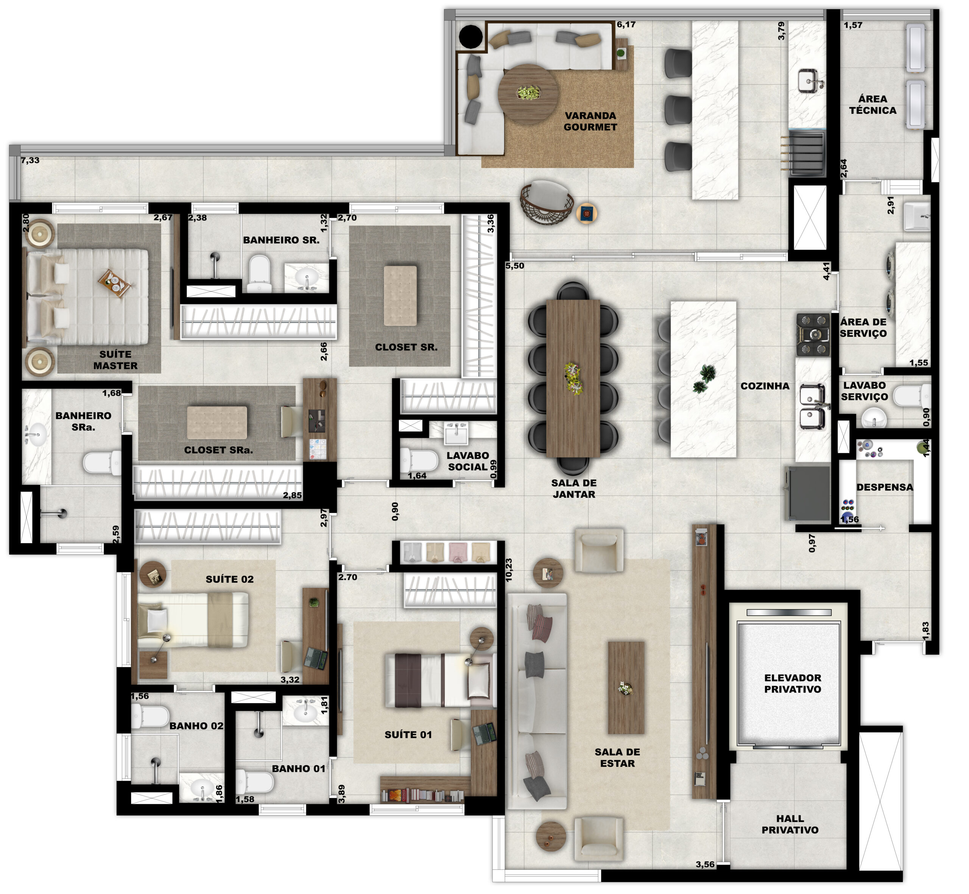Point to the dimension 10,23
pos(508,570)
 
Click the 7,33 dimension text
pos(30,160)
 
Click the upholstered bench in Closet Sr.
pos(400,296)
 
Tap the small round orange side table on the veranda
pos(586,213)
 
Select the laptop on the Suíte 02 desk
pos(315,659)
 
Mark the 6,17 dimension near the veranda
pos(626,25)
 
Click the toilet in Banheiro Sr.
pos(260,273)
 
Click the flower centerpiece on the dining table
pos(573,378)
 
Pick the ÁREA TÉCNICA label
pos(873,104)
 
